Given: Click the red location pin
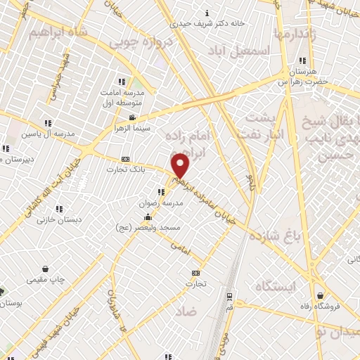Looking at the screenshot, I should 181,165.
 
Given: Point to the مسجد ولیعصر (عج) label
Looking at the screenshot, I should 149,227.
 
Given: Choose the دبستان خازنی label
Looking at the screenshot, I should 60,219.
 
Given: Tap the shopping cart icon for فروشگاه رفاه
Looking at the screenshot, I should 321,295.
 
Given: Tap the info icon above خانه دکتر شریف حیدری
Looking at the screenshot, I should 206,12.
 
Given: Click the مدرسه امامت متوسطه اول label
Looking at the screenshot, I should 128,98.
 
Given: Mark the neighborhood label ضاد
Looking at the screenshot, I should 186,310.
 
